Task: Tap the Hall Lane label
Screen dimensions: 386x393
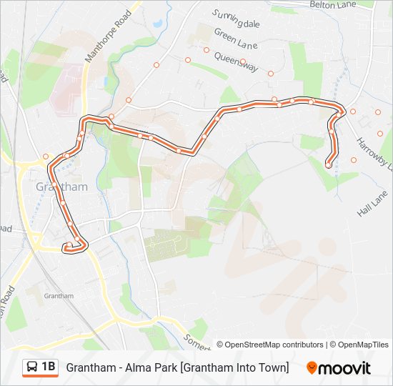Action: (x=372, y=209)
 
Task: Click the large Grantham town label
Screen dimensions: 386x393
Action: (x=62, y=187)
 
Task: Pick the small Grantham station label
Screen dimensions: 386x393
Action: (x=59, y=296)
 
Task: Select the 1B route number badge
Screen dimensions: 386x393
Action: (x=48, y=367)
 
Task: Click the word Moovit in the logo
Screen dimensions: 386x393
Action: (x=345, y=368)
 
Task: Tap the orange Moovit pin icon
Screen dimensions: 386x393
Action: (x=312, y=368)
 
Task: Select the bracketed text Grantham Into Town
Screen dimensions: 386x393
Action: (x=234, y=367)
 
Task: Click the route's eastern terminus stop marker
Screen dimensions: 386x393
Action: (x=328, y=165)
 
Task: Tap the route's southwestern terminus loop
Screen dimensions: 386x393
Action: (x=73, y=247)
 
